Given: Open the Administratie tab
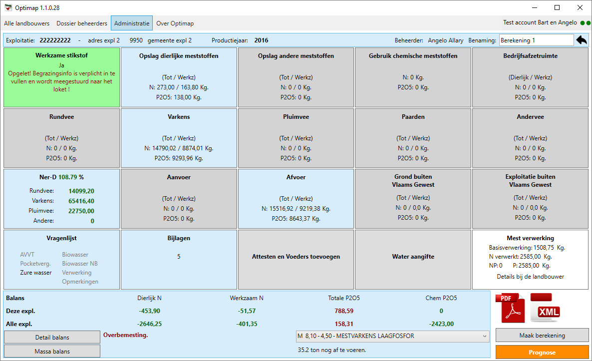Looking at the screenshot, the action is click(132, 23).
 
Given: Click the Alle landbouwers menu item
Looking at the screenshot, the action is click(27, 23).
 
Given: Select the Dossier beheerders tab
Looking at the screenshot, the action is click(82, 23).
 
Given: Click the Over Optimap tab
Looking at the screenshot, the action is click(175, 23).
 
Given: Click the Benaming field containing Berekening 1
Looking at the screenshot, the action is click(536, 40).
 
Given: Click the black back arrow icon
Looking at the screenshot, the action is click(582, 40).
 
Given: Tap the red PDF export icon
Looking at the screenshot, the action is click(511, 308).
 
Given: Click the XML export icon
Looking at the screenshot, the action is click(545, 308).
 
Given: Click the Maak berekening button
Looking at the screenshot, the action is click(542, 336).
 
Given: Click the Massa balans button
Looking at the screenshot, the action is click(52, 351).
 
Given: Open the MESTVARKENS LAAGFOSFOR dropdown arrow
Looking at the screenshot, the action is click(484, 336).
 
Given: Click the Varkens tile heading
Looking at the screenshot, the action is click(179, 117).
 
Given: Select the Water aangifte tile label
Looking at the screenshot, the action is click(413, 257).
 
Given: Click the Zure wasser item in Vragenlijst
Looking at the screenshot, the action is click(36, 272).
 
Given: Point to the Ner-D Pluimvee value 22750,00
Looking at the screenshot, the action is click(81, 211).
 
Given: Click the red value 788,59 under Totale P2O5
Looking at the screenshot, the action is click(344, 311).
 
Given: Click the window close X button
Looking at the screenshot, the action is click(580, 7).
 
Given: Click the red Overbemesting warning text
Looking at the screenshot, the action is click(125, 335).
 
